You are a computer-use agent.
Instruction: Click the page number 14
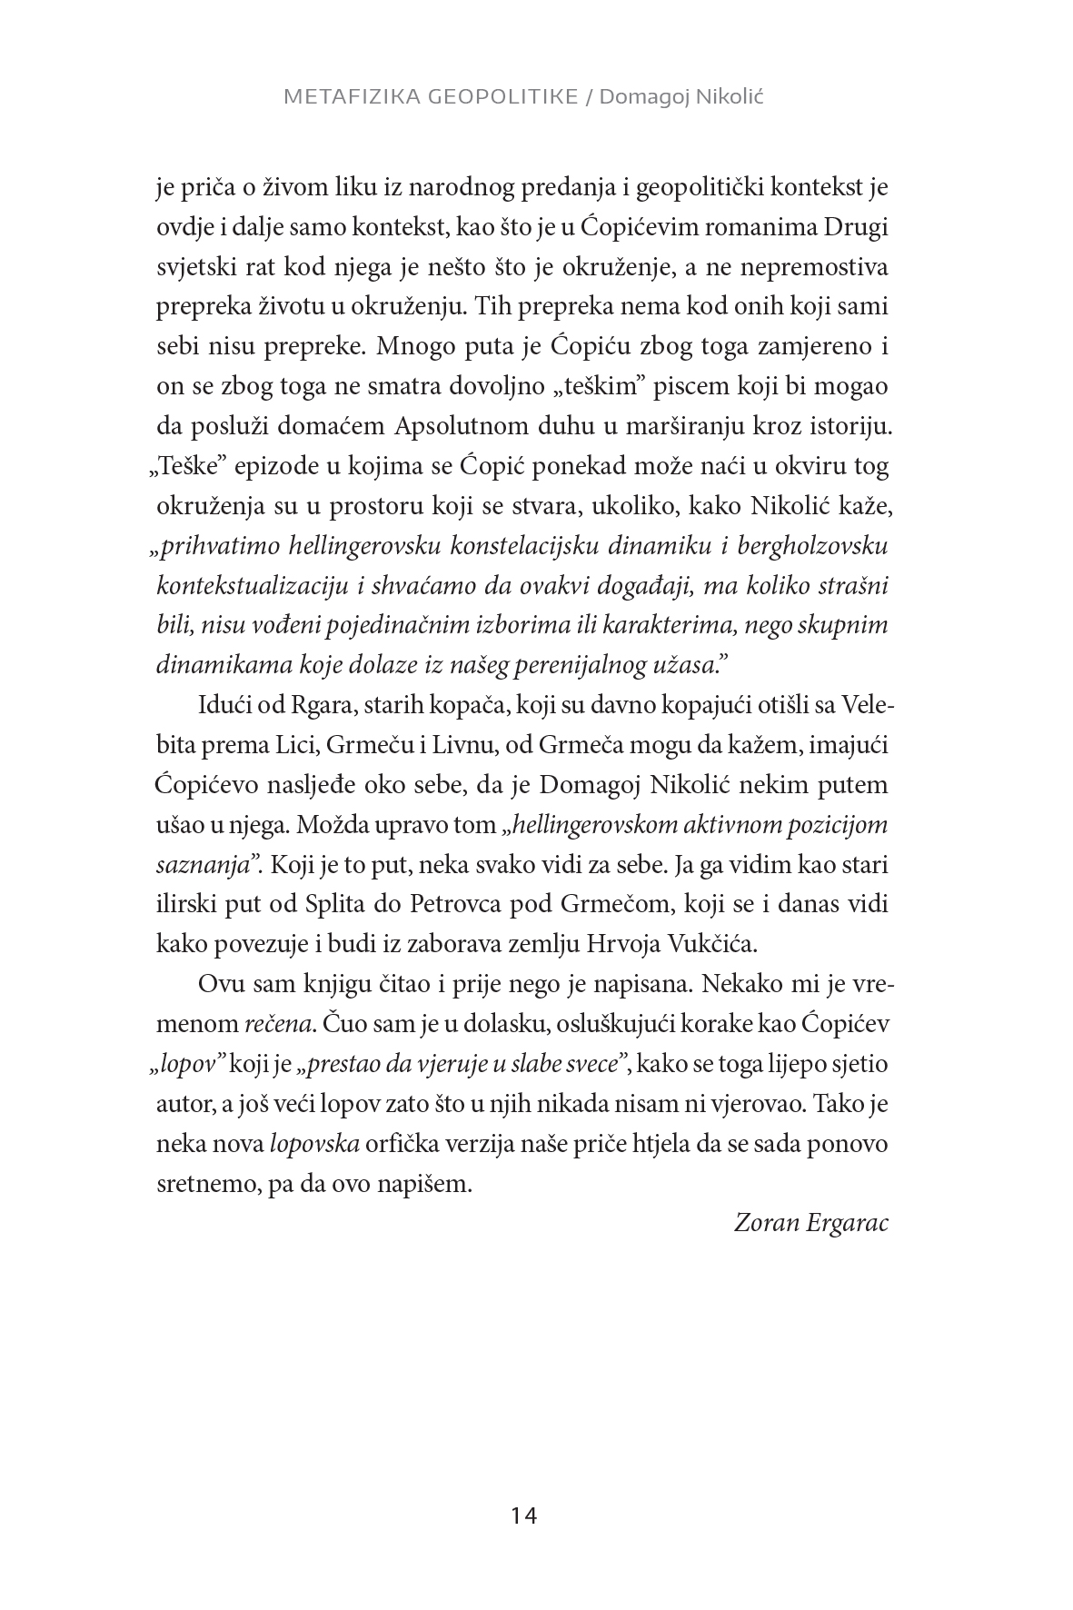coord(524,1516)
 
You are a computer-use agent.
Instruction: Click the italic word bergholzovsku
coord(803,546)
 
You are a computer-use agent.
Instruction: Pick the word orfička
coord(400,1143)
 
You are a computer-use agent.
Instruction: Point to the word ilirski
coord(184,904)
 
